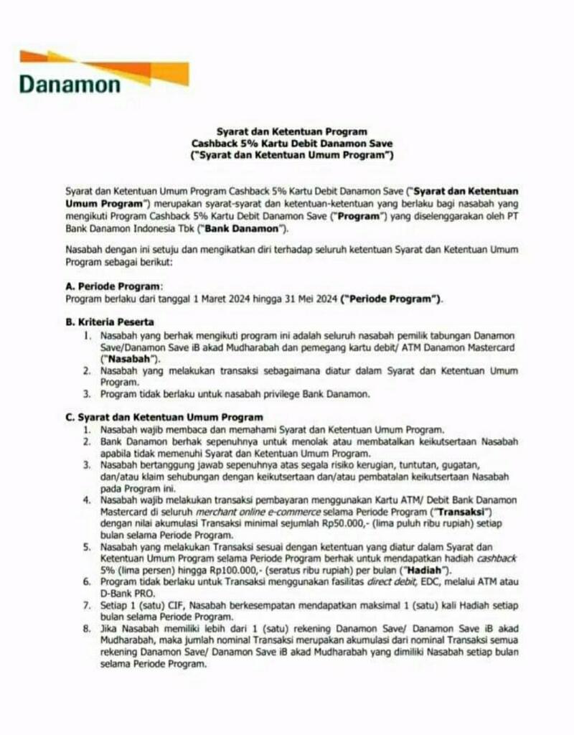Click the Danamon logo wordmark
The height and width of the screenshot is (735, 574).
click(70, 84)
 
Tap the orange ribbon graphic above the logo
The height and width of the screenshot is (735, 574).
click(108, 63)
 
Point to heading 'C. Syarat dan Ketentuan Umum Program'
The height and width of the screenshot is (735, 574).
click(164, 417)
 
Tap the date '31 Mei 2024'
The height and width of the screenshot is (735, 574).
click(306, 298)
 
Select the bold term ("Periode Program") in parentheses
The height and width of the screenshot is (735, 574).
click(392, 298)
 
